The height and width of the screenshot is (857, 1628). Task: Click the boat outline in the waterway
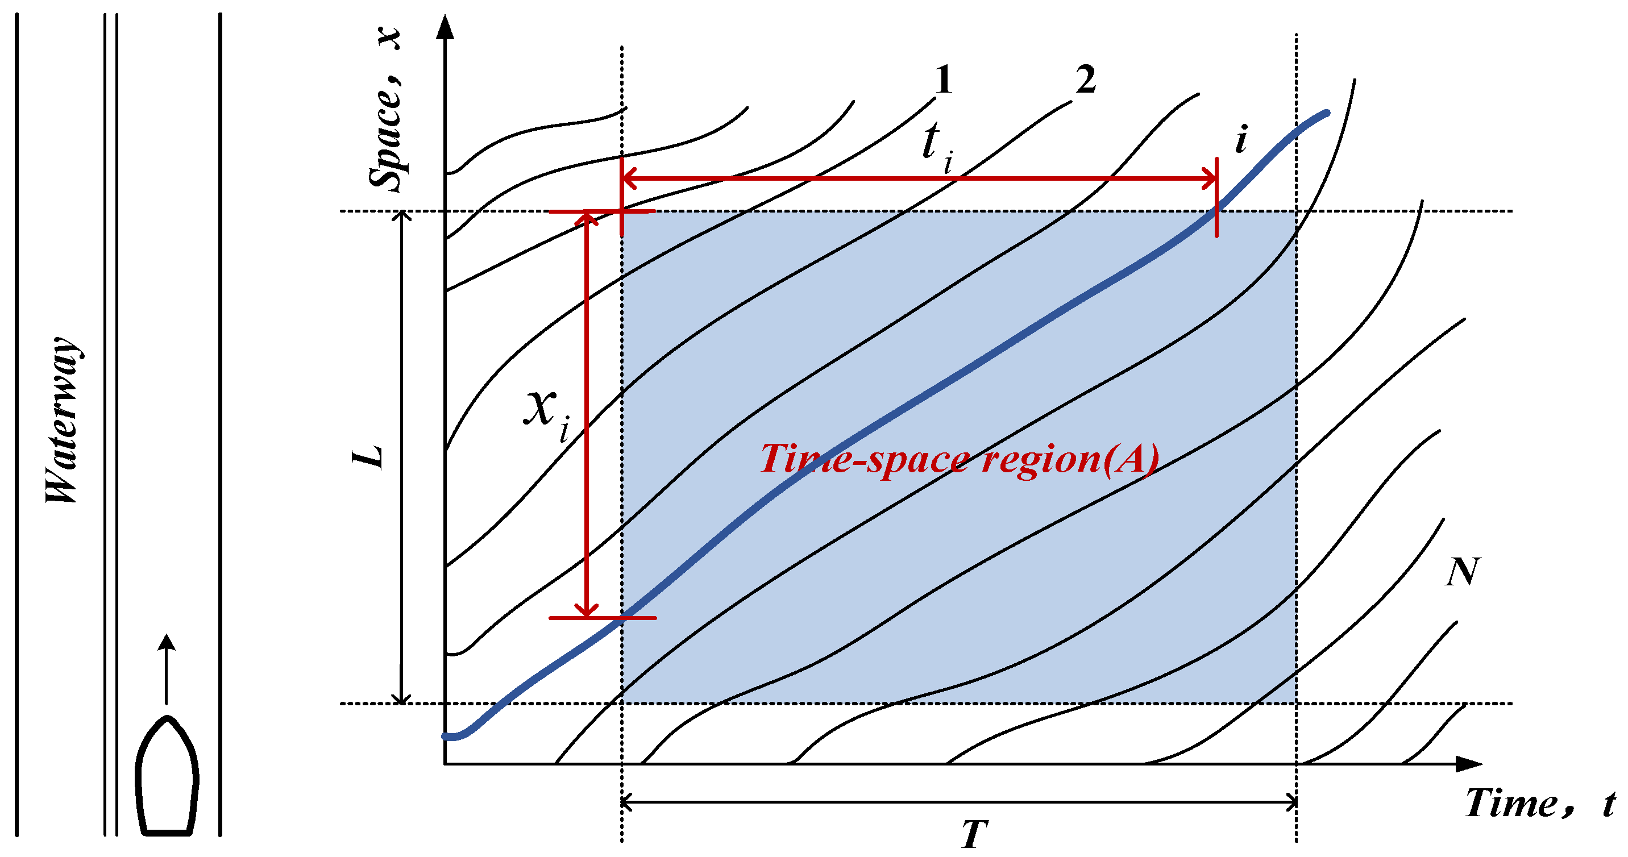pos(167,776)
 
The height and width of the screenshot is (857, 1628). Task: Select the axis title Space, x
pos(385,107)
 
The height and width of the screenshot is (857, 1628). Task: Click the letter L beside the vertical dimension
pos(368,456)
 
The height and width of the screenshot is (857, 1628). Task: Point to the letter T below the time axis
pos(974,834)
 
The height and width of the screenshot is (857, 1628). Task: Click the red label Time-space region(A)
pos(959,458)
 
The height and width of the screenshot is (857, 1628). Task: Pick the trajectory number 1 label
pos(943,80)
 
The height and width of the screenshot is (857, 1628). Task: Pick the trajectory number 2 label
pos(1086,80)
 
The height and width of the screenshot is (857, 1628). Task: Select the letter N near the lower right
pos(1463,572)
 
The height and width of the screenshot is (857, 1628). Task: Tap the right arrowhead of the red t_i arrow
pos(1210,179)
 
